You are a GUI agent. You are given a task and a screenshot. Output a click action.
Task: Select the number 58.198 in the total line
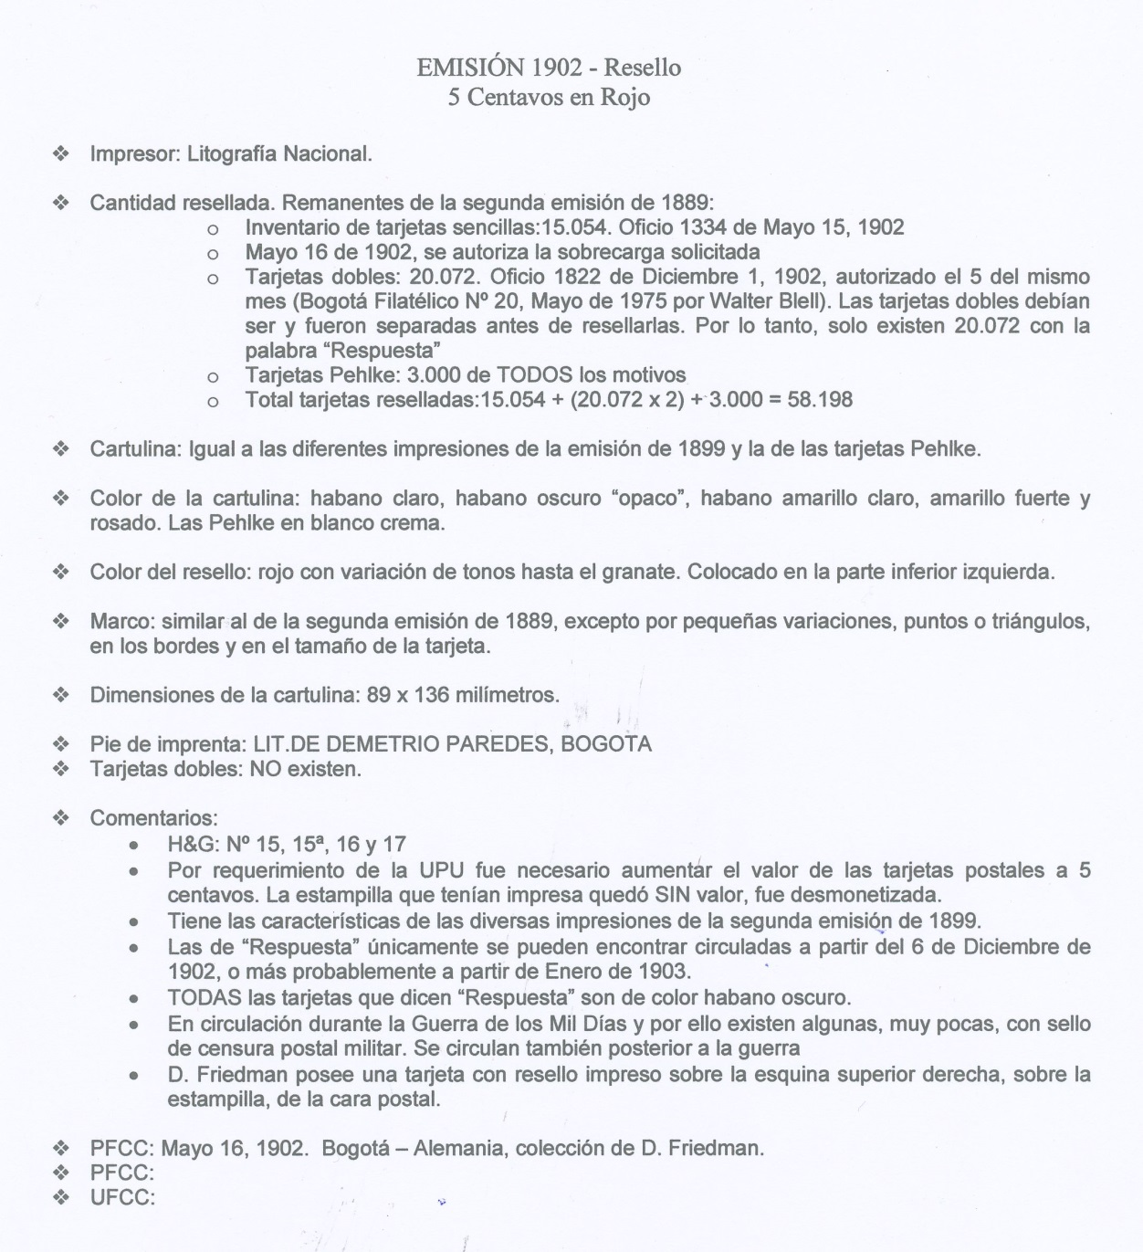pyautogui.click(x=820, y=399)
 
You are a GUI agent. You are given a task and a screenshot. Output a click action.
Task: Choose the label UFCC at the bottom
pyautogui.click(x=122, y=1197)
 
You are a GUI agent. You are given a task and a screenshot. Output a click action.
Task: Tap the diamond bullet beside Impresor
pyautogui.click(x=61, y=153)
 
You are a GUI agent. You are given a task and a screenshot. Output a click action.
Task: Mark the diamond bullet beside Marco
pyautogui.click(x=61, y=622)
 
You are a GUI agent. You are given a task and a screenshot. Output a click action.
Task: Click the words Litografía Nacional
pyautogui.click(x=279, y=153)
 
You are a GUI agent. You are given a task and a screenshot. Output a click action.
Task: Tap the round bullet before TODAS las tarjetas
pyautogui.click(x=134, y=998)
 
